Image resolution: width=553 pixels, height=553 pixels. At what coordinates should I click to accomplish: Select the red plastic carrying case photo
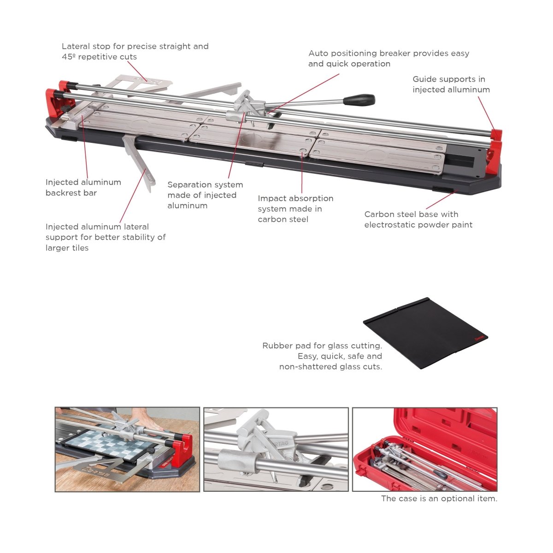tap(424, 449)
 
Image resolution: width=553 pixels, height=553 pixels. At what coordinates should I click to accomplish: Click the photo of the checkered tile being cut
tap(127, 449)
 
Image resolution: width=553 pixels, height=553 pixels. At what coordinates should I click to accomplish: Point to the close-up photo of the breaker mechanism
tap(276, 449)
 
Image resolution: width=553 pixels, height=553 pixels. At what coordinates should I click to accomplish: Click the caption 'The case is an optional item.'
tap(439, 499)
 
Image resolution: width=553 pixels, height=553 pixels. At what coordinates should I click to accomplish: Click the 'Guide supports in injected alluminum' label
tap(451, 84)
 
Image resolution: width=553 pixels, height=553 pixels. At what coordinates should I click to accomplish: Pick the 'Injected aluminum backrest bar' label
tap(83, 188)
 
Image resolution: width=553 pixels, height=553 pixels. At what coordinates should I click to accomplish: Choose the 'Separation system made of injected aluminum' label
tap(205, 195)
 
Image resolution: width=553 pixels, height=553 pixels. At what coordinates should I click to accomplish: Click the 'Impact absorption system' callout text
tap(295, 209)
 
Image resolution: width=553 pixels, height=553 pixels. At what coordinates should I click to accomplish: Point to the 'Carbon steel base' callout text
tap(418, 219)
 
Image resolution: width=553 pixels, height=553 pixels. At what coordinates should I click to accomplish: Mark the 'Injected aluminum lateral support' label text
tap(106, 237)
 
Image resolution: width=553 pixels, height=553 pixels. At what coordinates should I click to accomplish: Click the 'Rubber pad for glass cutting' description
tap(323, 356)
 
